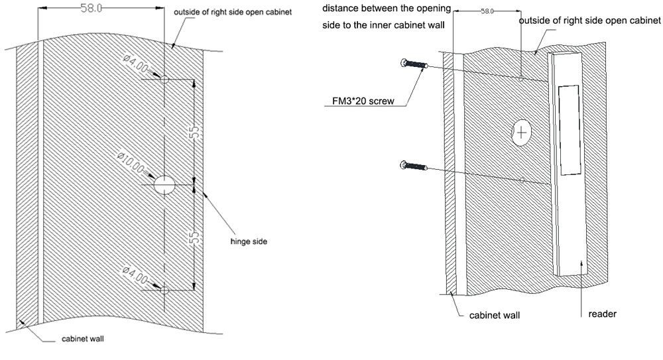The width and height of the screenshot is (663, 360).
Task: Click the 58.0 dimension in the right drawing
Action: click(487, 12)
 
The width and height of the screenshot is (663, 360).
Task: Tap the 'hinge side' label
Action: click(249, 242)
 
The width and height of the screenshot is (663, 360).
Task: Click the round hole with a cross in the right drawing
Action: click(522, 133)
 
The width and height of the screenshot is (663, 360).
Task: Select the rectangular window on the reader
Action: click(568, 130)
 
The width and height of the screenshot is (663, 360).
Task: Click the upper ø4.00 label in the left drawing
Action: click(135, 64)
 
